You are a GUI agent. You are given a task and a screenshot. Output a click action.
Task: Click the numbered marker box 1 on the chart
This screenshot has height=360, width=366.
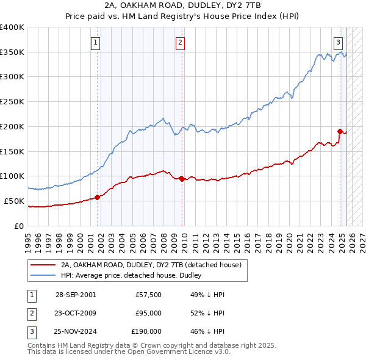click(x=96, y=42)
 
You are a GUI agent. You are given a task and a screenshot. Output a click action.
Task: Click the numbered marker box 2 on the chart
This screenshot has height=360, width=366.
click(x=181, y=42)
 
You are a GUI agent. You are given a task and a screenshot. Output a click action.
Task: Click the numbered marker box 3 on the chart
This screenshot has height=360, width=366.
click(x=338, y=42)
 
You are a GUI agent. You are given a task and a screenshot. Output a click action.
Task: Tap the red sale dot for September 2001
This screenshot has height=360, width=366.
click(x=98, y=197)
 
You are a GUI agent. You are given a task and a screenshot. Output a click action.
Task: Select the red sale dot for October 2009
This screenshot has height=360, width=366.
click(x=182, y=178)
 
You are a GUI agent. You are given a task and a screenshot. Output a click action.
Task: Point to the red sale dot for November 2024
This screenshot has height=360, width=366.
click(x=340, y=131)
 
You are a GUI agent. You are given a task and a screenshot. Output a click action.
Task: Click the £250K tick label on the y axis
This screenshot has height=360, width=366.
click(x=12, y=101)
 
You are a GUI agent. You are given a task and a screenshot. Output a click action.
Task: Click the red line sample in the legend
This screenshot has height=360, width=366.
click(x=43, y=265)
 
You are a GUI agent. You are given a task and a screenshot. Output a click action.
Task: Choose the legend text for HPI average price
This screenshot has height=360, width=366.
click(x=135, y=275)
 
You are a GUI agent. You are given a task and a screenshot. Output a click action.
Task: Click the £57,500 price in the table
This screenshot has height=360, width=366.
click(x=148, y=295)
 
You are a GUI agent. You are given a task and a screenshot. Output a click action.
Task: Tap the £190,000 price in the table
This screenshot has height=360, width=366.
click(x=146, y=331)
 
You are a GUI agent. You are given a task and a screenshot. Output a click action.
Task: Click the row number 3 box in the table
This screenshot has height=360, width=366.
click(x=30, y=331)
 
